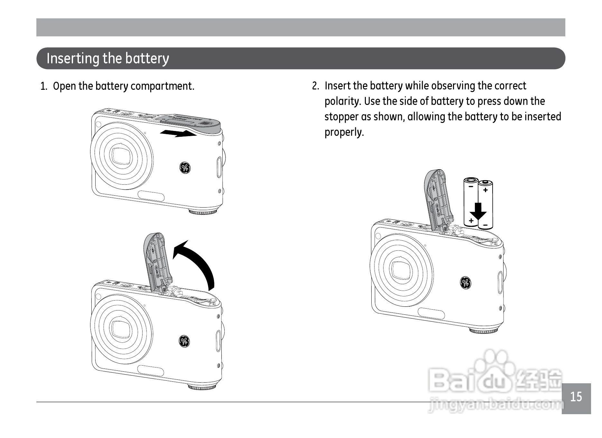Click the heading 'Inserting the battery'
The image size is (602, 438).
[108, 59]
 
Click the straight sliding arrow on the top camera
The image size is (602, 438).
[179, 133]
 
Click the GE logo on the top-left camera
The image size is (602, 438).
[185, 167]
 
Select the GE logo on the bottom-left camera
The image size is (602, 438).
[184, 341]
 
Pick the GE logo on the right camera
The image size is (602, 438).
[465, 283]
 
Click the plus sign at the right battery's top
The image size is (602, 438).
[485, 190]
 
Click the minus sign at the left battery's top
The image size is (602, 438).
[471, 186]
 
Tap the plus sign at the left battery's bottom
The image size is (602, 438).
[471, 220]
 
